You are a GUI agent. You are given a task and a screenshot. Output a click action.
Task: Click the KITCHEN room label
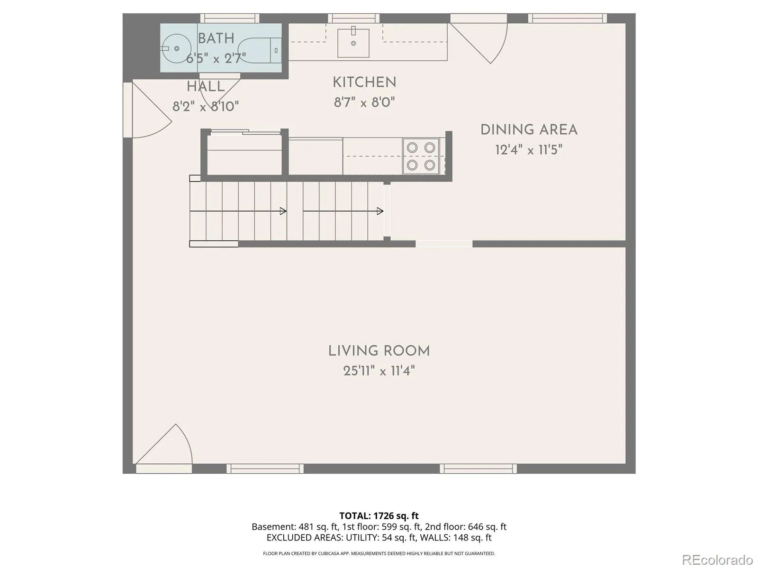[364, 83]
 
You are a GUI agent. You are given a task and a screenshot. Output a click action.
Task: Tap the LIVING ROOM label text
[379, 351]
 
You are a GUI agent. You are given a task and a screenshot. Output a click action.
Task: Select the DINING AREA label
[529, 130]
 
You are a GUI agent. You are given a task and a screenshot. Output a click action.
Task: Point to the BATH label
[216, 38]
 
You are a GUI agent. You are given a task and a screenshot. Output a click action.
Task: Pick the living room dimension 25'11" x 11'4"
[379, 371]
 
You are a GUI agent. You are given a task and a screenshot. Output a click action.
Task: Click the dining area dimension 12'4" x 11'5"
[529, 150]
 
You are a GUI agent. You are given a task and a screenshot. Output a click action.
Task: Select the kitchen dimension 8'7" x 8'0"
[364, 102]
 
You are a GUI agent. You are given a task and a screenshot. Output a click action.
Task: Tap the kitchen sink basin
[353, 43]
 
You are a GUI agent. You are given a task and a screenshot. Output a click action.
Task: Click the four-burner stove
[421, 156]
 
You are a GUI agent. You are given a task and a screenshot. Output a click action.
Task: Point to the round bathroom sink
[176, 48]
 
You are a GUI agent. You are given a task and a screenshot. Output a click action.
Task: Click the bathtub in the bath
[259, 50]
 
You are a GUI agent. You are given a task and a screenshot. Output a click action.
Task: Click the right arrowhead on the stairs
[380, 211]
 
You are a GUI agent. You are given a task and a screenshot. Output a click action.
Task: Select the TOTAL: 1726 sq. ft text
[379, 516]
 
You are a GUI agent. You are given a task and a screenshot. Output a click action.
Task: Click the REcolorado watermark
[718, 560]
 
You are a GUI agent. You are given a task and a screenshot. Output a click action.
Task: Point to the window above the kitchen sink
[353, 18]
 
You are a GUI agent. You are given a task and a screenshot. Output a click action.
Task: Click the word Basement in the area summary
[273, 527]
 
